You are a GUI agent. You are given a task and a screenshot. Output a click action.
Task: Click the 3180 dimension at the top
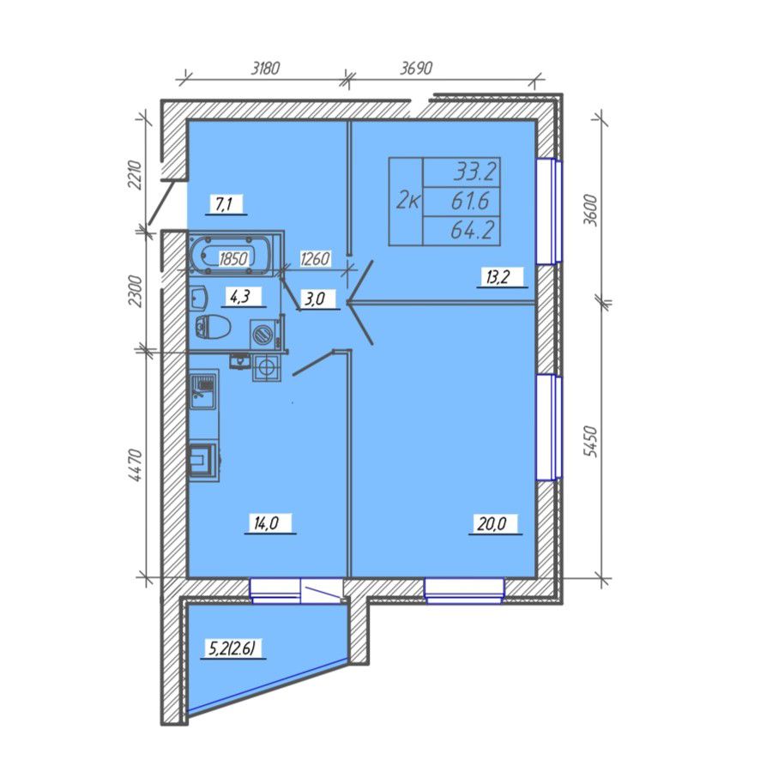pos(265,68)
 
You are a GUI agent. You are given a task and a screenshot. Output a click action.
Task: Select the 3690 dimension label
pos(415,68)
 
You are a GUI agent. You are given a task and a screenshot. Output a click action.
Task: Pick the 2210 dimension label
pos(135,175)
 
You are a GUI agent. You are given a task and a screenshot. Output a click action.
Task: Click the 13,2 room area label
pos(498,277)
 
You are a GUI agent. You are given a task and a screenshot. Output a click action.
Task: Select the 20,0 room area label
pos(492,523)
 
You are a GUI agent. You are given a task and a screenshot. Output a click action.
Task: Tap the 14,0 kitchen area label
pos(267,523)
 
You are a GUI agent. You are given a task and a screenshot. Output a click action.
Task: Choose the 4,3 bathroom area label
pos(240,297)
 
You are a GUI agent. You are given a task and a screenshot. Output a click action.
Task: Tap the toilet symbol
pos(213,326)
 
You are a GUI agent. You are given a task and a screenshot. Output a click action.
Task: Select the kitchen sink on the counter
pos(202,391)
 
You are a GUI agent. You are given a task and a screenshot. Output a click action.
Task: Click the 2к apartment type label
pos(407,202)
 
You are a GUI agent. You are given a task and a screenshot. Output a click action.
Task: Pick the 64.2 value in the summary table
pos(472,231)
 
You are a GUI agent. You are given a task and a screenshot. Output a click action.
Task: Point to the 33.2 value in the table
pos(474,172)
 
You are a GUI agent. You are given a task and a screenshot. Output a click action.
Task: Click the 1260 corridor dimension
pos(315,258)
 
